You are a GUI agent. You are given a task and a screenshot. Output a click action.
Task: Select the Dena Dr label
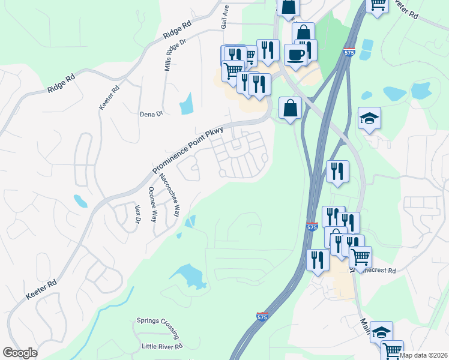(x=151, y=114)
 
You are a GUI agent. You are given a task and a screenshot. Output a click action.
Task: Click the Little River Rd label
(x=162, y=346)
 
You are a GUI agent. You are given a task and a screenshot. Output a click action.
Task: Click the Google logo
(x=20, y=353)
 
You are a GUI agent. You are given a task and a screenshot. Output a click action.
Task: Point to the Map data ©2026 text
(x=423, y=355)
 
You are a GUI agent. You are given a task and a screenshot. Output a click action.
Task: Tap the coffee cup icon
(x=295, y=55)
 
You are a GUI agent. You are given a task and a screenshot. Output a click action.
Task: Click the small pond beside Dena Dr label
(x=187, y=104)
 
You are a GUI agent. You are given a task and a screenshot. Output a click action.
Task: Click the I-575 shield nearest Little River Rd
(x=262, y=316)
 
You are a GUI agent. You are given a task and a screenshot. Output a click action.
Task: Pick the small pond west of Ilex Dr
(x=80, y=200)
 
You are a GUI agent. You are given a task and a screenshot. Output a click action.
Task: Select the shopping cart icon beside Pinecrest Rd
(x=360, y=257)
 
